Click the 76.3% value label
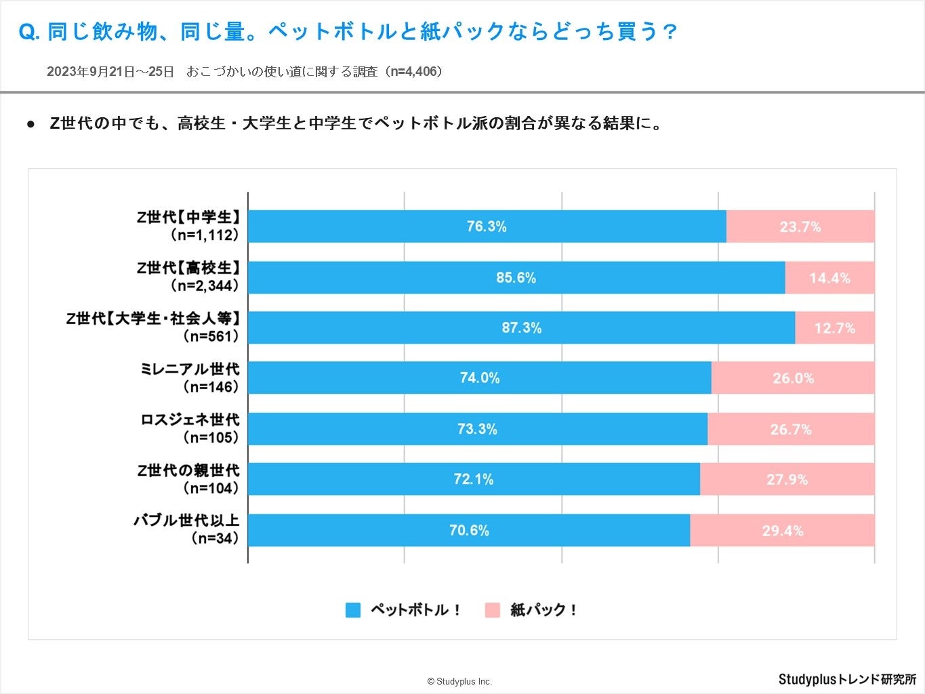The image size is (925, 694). [x=487, y=226]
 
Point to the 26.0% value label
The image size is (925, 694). [x=793, y=378]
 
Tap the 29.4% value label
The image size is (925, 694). [x=783, y=531]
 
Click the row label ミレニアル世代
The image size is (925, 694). [x=190, y=369]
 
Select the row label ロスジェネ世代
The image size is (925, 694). [x=190, y=420]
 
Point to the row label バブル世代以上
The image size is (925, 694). [x=186, y=521]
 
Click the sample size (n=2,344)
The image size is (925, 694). [x=205, y=286]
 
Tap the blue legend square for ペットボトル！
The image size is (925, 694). [x=353, y=610]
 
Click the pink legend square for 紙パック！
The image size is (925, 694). [x=493, y=610]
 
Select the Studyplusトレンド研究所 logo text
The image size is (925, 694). [x=847, y=679]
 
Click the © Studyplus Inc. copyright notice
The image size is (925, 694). [x=459, y=681]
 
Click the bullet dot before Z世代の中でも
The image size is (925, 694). [x=30, y=124]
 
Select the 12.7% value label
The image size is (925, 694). [x=835, y=328]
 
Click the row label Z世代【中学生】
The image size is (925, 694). [x=188, y=218]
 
